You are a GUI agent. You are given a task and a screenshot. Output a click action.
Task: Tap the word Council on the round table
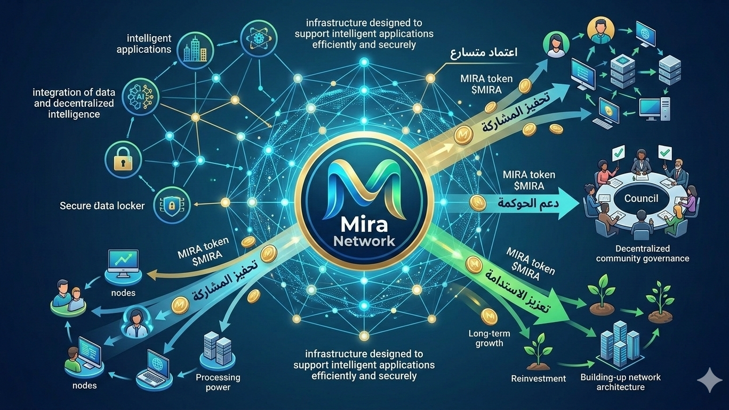[640, 199]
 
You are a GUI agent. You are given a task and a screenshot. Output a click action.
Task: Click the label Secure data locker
[103, 206]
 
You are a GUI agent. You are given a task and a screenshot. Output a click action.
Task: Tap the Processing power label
[218, 382]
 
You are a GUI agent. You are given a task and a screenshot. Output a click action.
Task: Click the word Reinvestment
[538, 379]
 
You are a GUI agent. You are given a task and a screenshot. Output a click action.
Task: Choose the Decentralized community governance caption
[642, 254]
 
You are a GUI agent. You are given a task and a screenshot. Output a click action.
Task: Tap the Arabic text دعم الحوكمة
[516, 203]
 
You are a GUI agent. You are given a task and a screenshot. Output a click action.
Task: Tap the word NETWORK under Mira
[364, 241]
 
